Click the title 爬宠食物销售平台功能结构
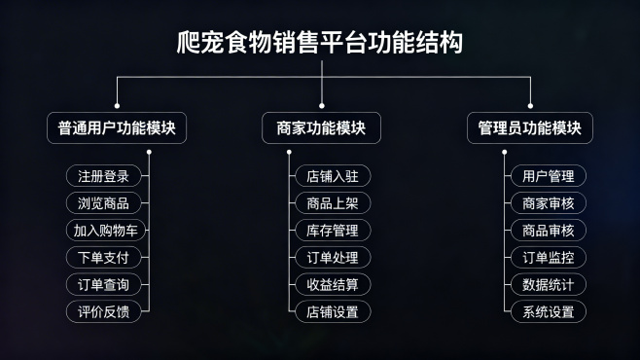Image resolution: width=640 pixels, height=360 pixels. (320, 43)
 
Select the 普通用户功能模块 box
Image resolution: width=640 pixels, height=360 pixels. (117, 128)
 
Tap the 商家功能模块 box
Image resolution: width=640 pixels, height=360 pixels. (321, 128)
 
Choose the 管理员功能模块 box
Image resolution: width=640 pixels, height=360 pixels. (530, 128)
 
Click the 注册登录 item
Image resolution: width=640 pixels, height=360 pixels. (103, 176)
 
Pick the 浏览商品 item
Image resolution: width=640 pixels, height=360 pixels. (103, 203)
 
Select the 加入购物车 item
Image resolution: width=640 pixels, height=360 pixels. (103, 231)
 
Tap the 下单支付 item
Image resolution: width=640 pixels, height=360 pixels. (103, 258)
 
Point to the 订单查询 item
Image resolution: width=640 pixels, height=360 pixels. (103, 285)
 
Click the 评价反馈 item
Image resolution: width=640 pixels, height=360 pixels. (103, 312)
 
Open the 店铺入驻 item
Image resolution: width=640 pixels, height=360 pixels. (333, 176)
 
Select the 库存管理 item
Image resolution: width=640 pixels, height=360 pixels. (333, 231)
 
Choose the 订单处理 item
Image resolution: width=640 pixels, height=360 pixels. (333, 258)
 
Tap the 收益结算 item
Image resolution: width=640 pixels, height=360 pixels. (333, 285)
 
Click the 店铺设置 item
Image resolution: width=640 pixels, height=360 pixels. (333, 312)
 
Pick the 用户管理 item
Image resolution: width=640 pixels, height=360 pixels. (549, 176)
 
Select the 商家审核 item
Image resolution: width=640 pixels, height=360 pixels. (549, 203)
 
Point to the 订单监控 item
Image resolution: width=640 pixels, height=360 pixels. (549, 258)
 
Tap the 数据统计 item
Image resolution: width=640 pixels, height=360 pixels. (549, 285)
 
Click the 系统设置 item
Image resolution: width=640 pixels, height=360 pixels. (549, 312)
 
